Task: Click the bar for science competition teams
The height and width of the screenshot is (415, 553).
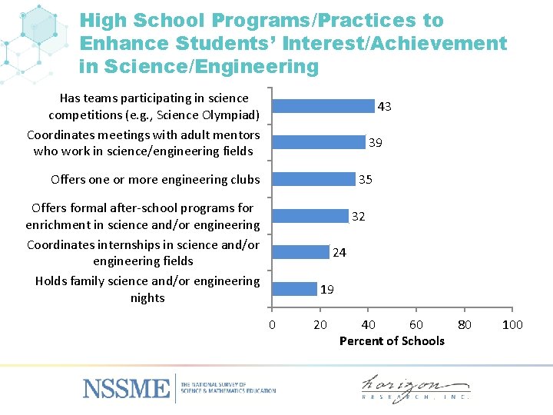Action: (323, 106)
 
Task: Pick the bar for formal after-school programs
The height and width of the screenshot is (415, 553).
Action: (310, 216)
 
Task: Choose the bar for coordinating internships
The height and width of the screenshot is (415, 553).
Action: (300, 252)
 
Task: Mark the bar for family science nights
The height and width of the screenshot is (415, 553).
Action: (294, 289)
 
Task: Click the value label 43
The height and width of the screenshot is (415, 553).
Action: (385, 107)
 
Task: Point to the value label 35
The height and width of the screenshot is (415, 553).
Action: (366, 180)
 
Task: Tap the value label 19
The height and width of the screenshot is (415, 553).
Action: (326, 290)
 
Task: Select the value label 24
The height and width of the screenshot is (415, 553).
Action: (339, 252)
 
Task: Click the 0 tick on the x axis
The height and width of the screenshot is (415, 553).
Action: (272, 324)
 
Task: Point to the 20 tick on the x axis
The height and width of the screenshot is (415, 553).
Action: (321, 324)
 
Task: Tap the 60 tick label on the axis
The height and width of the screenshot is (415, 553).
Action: (416, 324)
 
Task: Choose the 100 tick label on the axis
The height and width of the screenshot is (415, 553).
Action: (512, 324)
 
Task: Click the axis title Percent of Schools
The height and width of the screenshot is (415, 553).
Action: (392, 340)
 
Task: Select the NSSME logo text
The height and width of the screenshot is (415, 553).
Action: (127, 387)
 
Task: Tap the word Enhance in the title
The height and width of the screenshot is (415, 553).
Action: (124, 44)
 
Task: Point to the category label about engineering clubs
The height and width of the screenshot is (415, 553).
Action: (155, 180)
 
